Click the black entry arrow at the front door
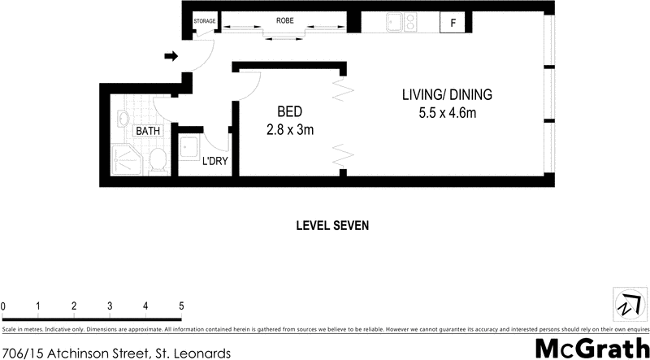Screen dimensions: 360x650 171,56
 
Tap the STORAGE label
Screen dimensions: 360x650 204,20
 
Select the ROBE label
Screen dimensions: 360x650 284,20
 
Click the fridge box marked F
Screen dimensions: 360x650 452,23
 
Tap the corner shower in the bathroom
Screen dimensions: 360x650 126,158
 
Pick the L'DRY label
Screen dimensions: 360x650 214,161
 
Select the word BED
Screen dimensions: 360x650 290,112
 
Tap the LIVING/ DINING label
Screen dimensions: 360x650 447,95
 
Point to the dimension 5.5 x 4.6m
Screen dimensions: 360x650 447,113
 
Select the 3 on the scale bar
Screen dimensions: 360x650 110,306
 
